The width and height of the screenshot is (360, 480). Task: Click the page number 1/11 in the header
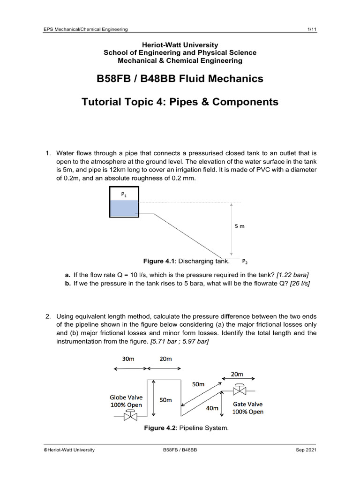311,30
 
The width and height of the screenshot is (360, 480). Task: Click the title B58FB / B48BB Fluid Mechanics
180,79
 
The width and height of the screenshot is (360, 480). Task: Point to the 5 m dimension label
239,226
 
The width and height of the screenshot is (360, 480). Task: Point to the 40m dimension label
213,408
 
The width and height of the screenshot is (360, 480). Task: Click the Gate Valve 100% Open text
248,408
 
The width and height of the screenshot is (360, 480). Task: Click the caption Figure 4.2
186,428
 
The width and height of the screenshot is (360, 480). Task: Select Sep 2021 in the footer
306,450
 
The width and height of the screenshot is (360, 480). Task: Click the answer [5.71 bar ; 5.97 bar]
180,341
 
